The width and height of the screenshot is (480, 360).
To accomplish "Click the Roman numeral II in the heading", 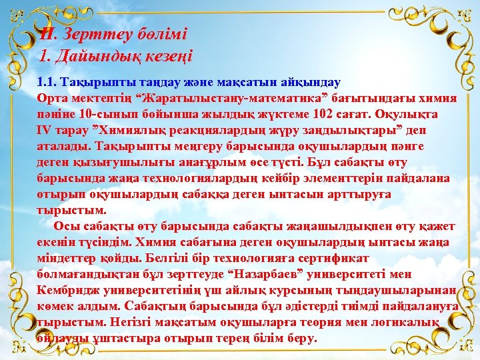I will point(47,33).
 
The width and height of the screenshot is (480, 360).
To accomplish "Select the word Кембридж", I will point(69,290).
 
